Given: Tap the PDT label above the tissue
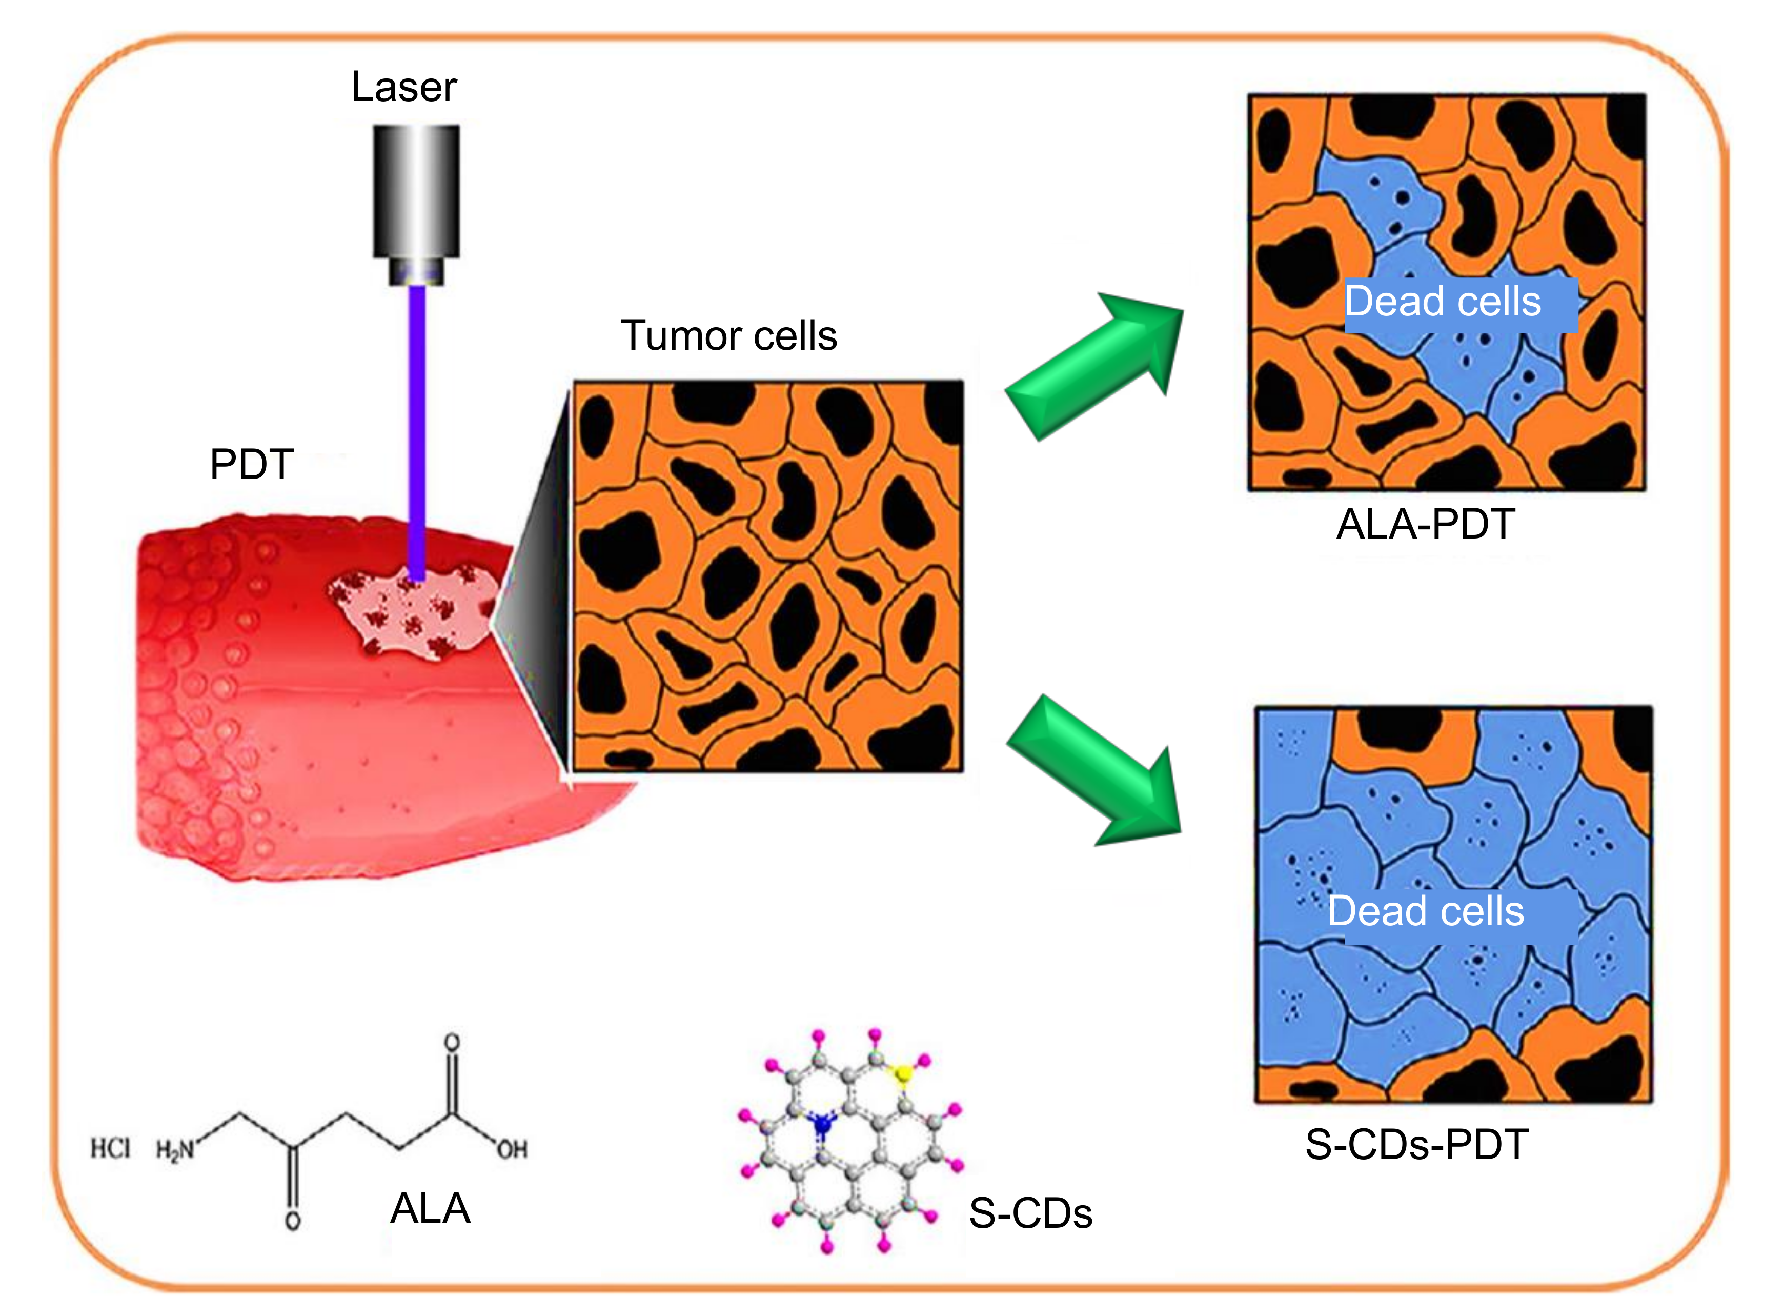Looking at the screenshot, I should (x=251, y=464).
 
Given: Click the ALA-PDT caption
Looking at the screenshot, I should (x=1425, y=525).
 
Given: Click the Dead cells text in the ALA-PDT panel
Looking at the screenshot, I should (x=1443, y=302).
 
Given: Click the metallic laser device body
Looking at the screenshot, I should (x=416, y=191).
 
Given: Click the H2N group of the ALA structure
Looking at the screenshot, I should (x=174, y=1150).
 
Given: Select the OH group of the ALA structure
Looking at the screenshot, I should (x=512, y=1149).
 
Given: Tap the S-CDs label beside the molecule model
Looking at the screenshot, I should (x=1030, y=1213).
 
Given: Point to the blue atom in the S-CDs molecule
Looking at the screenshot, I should (x=822, y=1125).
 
